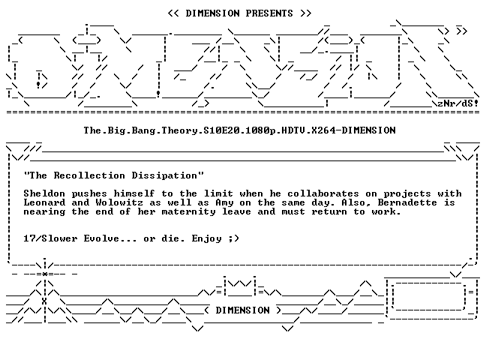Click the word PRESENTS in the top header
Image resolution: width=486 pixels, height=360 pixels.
point(269,13)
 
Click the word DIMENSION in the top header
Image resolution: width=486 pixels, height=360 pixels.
point(212,13)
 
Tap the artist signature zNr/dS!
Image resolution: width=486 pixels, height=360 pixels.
point(457,103)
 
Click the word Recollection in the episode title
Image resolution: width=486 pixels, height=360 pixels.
point(89,175)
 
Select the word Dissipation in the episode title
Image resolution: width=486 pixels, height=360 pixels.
point(164,175)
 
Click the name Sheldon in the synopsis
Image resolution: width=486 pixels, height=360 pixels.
point(44,193)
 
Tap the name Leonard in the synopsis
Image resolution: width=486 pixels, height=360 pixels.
point(44,202)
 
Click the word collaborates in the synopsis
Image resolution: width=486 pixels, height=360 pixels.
point(323,193)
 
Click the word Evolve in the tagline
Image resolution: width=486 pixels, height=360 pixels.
point(101,238)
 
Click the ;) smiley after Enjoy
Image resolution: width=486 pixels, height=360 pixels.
point(234,238)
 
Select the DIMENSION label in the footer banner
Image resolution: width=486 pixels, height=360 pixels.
point(242,310)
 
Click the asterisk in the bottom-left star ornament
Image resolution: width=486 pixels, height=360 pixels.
point(45,274)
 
